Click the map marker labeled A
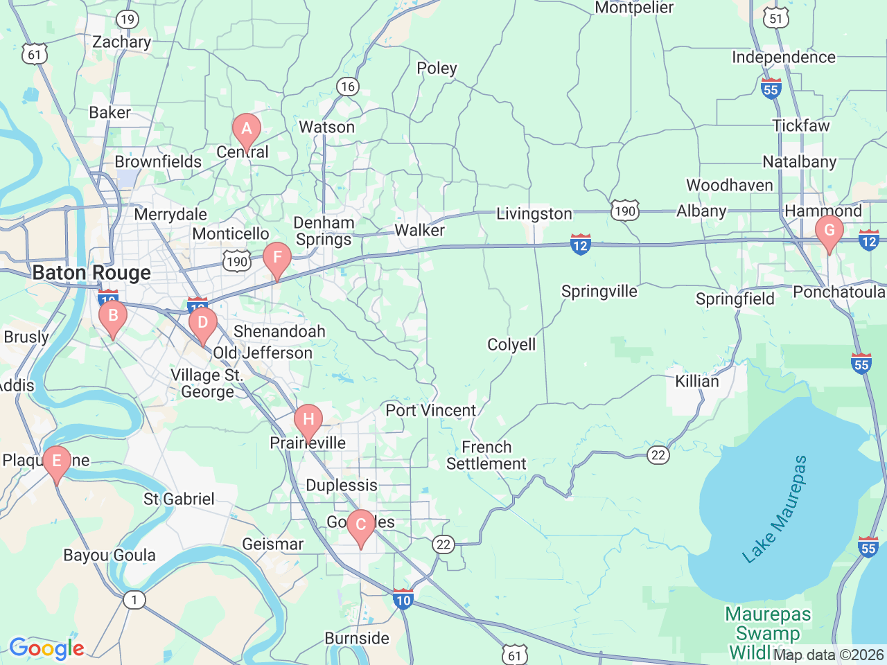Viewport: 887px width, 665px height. click(246, 130)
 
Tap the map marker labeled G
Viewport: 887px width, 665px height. click(829, 231)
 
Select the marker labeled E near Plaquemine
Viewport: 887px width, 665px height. click(57, 461)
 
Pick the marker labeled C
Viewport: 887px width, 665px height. click(360, 524)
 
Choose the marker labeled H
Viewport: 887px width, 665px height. click(308, 420)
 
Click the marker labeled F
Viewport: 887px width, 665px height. click(277, 258)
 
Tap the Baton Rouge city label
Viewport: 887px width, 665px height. click(91, 273)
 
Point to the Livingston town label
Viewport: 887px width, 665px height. click(534, 214)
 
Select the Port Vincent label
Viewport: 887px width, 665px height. click(430, 410)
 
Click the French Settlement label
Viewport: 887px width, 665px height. click(486, 456)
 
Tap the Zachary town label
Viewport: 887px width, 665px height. click(121, 42)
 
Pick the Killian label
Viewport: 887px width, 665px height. click(697, 381)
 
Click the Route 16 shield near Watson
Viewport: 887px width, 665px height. click(347, 87)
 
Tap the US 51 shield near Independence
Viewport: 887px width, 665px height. click(776, 19)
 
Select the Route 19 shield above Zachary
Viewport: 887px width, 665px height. click(127, 19)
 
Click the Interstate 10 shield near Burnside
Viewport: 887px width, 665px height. click(403, 599)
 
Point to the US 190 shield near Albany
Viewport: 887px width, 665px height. click(624, 211)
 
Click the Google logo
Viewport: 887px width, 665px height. click(46, 648)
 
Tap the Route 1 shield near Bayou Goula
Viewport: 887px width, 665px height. click(134, 599)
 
